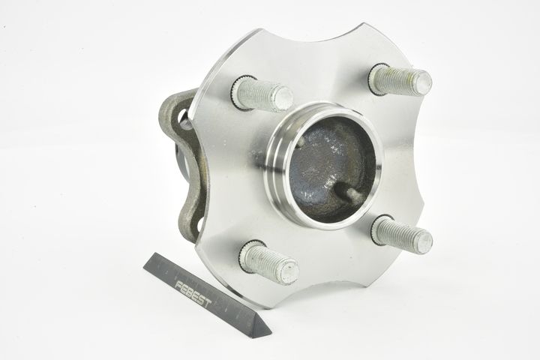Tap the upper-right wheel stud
400,79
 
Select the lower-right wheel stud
402,232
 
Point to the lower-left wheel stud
269,262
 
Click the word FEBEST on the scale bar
193,294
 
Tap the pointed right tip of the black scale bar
271,333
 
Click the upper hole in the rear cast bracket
184,119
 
